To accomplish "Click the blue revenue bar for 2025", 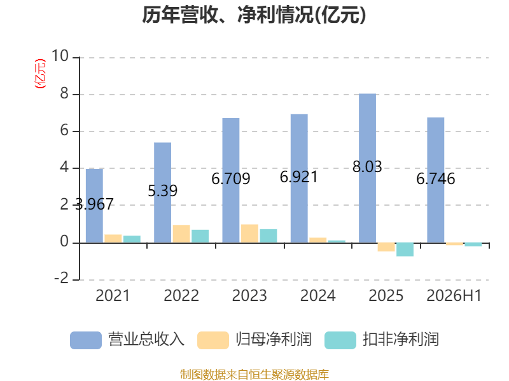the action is [367, 168].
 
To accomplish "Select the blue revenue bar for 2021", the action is [94, 205].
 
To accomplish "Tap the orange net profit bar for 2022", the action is [181, 234].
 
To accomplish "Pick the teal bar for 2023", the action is [268, 236].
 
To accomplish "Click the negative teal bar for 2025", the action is [405, 250].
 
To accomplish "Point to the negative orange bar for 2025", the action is [386, 247].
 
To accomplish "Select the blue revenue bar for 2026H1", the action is [436, 180].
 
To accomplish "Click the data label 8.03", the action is [367, 166].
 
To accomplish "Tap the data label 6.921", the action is [298, 177].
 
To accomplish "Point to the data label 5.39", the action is [163, 191].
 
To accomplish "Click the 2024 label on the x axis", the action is [317, 295].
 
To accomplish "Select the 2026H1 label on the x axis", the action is [454, 295].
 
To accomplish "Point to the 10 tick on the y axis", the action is [60, 56].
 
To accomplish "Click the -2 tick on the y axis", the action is [61, 278].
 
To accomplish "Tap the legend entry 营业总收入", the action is [127, 340].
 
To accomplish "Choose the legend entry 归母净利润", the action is [254, 340].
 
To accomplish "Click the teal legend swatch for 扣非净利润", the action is [340, 340].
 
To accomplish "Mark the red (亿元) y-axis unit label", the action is [40, 74].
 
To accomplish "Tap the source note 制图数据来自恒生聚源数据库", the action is [254, 374].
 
